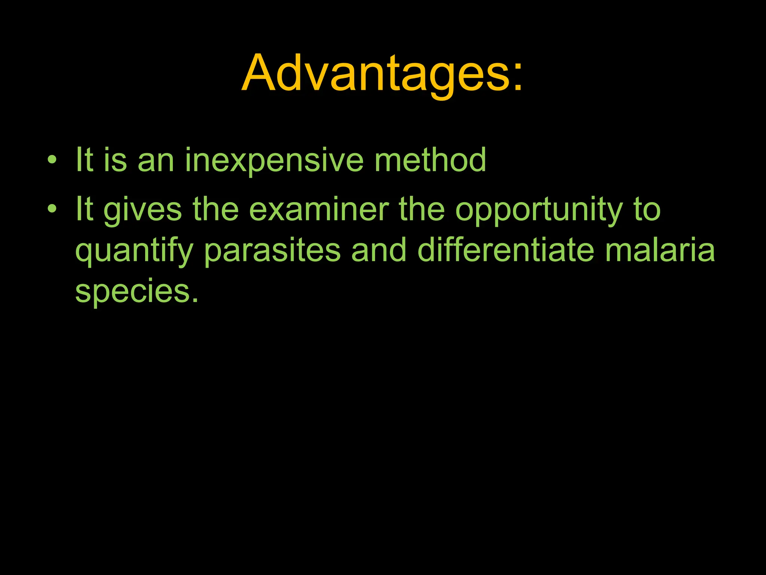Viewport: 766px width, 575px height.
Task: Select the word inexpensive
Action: click(274, 161)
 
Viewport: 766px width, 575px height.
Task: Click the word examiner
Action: click(319, 210)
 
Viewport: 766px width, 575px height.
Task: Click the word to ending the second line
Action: click(647, 210)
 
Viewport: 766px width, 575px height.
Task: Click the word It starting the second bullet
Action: click(84, 210)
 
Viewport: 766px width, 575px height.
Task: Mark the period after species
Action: click(194, 300)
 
